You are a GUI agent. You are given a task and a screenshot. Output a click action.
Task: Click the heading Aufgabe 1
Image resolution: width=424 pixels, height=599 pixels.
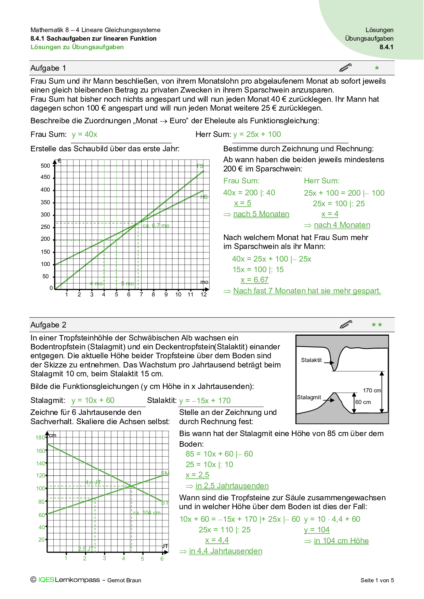pos(48,68)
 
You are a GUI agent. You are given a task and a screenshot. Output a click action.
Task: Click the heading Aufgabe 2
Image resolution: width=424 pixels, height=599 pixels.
pos(48,325)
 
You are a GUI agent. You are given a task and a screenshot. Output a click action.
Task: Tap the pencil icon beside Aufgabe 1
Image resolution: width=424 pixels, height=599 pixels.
pos(345,68)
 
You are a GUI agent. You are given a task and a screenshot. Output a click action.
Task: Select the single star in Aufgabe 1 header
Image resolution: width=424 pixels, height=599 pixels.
pos(377,68)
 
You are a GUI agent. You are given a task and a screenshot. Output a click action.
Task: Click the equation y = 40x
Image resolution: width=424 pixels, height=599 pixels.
pos(84,135)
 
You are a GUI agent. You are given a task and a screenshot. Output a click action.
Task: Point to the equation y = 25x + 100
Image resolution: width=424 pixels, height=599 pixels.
pos(257,135)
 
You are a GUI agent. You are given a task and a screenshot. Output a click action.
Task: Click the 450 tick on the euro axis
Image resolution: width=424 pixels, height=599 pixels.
pos(45,177)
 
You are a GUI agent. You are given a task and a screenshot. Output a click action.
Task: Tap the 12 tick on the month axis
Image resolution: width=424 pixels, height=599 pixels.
pos(204,294)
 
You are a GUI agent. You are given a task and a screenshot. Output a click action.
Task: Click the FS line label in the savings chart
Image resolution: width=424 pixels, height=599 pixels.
pos(200,166)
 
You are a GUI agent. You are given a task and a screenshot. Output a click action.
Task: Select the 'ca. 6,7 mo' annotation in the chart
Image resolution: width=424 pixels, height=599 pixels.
pos(156,226)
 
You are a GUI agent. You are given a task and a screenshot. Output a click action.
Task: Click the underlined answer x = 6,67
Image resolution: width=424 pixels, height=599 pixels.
pos(254,280)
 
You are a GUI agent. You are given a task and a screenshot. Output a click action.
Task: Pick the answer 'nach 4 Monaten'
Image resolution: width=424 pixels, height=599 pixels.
pos(342,225)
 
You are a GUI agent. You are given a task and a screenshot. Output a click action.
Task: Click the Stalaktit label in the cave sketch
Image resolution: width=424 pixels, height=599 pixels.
pos(311,360)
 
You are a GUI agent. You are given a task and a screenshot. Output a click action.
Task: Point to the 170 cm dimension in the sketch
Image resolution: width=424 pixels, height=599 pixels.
pos(372,390)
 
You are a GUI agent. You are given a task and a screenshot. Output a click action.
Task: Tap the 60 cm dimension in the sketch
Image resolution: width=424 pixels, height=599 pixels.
pos(363,402)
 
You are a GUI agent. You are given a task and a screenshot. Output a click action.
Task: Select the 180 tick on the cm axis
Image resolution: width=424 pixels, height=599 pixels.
pos(40,437)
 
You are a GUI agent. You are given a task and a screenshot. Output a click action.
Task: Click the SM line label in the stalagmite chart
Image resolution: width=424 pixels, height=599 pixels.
pos(165,474)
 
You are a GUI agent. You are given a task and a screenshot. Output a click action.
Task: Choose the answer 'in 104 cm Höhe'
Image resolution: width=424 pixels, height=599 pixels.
pos(341,541)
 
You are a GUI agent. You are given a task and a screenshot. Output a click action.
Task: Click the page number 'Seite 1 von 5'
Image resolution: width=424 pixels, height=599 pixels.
pos(377,580)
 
